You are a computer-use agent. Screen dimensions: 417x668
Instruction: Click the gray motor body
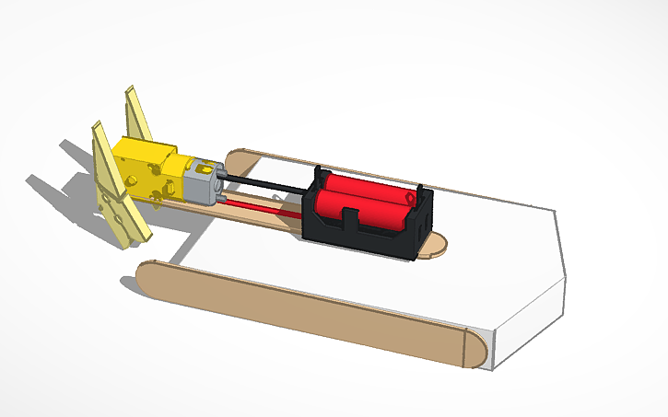point(201,185)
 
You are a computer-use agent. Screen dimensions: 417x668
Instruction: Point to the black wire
point(267,183)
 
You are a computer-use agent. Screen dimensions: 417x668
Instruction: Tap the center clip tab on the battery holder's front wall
point(351,221)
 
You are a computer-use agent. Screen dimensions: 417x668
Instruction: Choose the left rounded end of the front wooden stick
point(147,275)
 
